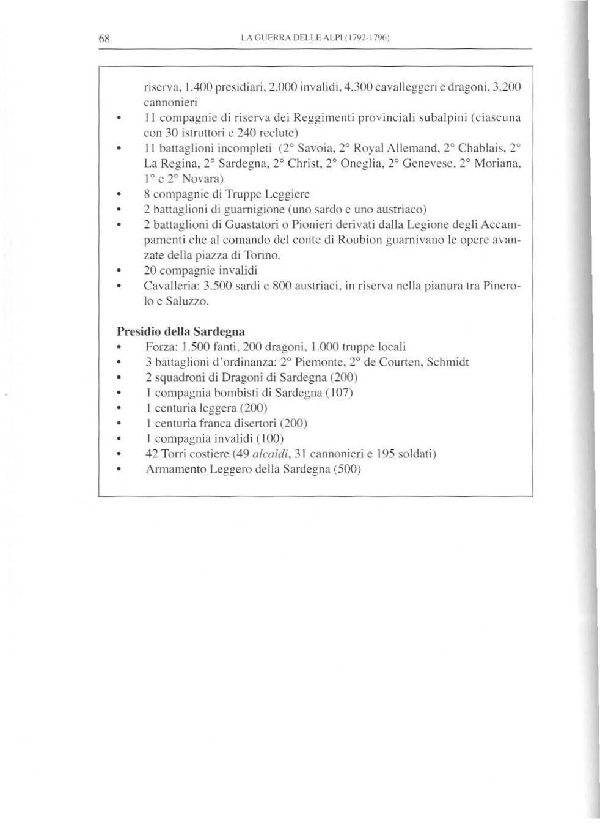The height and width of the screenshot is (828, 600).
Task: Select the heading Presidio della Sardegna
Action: coord(181,331)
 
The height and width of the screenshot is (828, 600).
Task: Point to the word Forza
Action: coord(160,346)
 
